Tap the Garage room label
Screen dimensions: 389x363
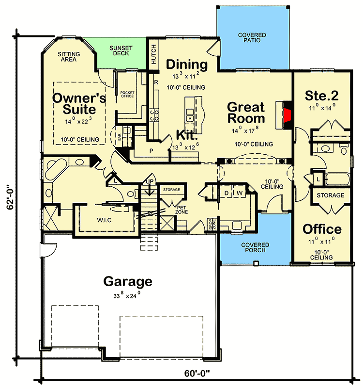point(128,281)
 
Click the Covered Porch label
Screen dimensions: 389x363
point(255,247)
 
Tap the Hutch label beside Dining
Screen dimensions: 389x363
point(153,54)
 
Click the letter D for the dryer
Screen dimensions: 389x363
point(226,193)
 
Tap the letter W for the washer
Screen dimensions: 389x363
point(239,193)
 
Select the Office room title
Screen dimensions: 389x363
point(322,229)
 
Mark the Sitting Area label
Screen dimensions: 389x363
point(69,57)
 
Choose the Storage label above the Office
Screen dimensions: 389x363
point(331,195)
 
